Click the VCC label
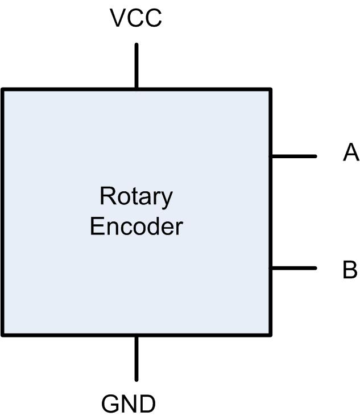click(x=136, y=19)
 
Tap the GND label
click(x=128, y=404)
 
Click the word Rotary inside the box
click(x=136, y=197)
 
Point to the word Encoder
click(x=136, y=227)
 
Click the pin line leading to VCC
click(x=136, y=65)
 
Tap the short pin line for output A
click(x=293, y=156)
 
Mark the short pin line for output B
click(x=293, y=268)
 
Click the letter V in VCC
click(x=117, y=19)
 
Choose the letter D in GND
click(x=147, y=404)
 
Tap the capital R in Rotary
click(x=106, y=196)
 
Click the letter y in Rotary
click(x=167, y=199)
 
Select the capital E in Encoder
click(x=97, y=227)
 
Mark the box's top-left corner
click(x=3, y=89)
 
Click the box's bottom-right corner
click(x=270, y=335)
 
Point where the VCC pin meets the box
click(x=136, y=89)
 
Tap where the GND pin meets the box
click(x=136, y=335)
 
